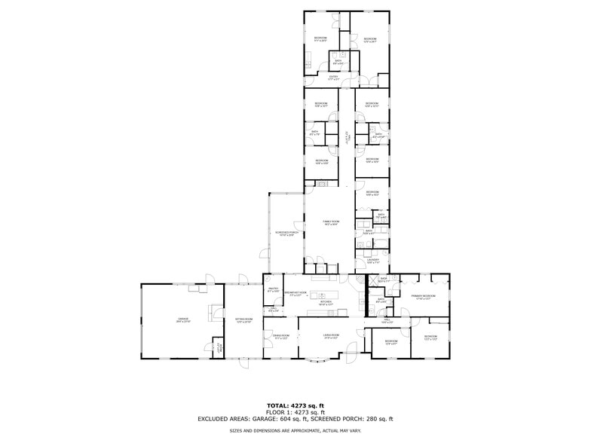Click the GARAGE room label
(x=182, y=320)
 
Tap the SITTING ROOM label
(x=243, y=320)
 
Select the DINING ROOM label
(x=281, y=338)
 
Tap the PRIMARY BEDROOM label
(x=423, y=297)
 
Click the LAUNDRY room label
(x=372, y=261)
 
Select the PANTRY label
(x=274, y=289)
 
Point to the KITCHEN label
(x=326, y=303)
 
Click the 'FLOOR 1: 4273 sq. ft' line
(x=295, y=412)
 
